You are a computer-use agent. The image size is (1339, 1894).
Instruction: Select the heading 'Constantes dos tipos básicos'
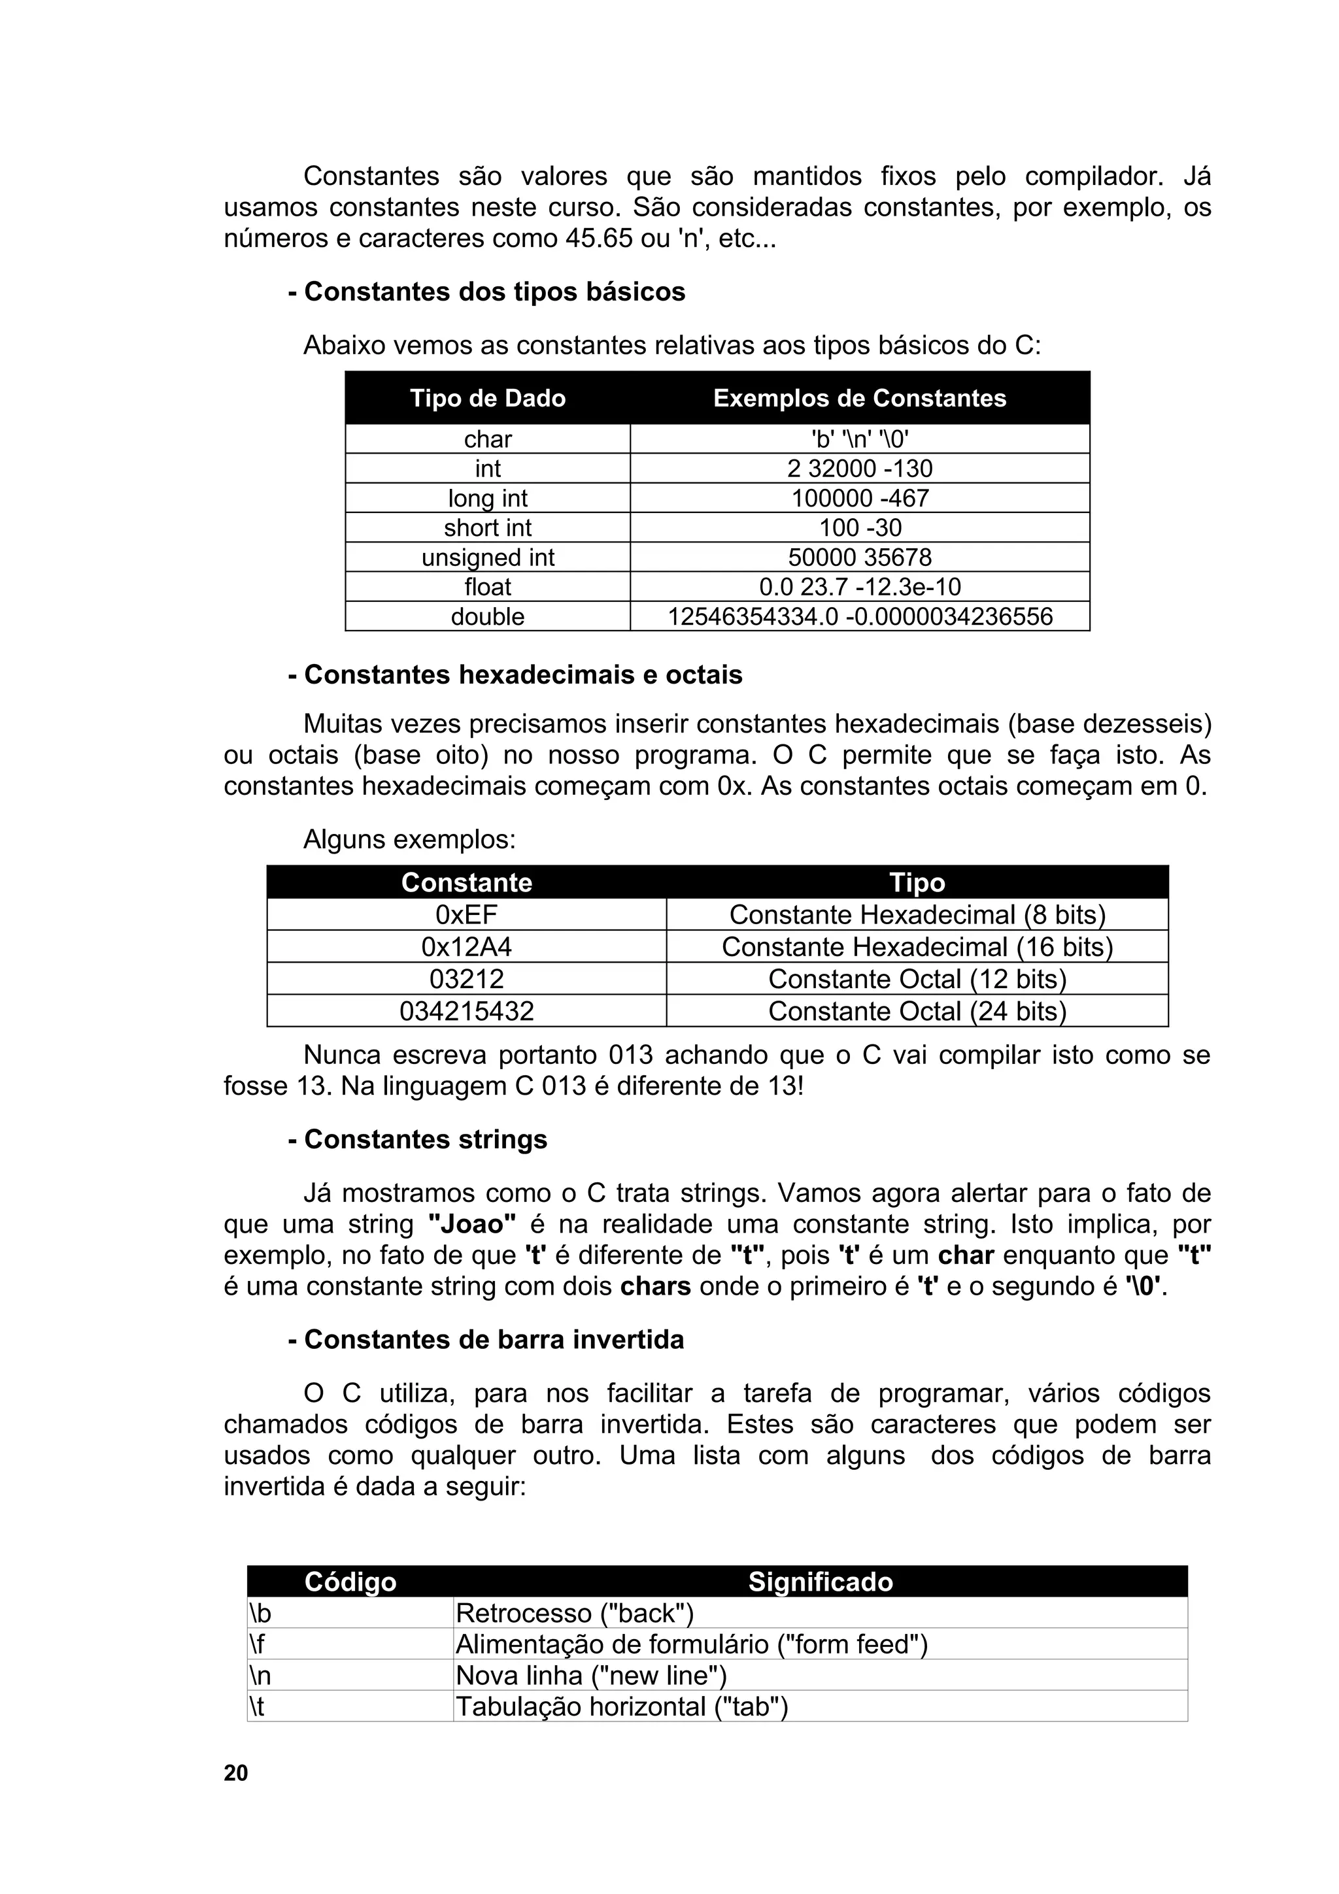click(x=486, y=292)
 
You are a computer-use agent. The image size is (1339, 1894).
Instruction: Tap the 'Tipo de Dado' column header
click(x=488, y=399)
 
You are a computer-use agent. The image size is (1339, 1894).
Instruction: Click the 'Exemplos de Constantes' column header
click(x=859, y=399)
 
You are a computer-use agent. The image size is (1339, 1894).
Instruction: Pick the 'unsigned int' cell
click(x=488, y=557)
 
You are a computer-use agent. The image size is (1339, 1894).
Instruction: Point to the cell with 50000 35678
click(x=859, y=557)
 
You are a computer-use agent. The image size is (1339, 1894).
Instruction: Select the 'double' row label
click(x=488, y=617)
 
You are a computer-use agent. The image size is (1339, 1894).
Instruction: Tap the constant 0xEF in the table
click(x=466, y=915)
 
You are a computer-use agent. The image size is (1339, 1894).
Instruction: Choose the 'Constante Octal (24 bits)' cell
click(x=917, y=1011)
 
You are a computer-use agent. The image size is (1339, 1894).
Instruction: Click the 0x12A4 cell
click(x=466, y=947)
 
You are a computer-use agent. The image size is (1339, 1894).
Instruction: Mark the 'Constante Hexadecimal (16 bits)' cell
click(x=917, y=947)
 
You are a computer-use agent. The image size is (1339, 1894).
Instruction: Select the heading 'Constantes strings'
click(x=418, y=1140)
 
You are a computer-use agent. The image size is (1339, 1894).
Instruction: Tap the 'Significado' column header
click(x=820, y=1582)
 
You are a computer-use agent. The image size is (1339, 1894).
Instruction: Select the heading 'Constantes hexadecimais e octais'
click(x=515, y=674)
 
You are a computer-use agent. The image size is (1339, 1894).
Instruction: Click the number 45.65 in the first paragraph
click(x=600, y=239)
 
